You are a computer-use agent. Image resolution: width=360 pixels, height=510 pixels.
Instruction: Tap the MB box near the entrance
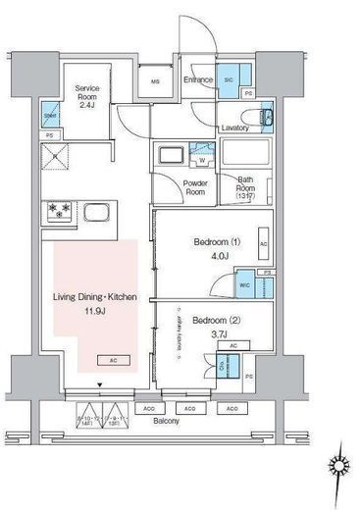point(155,80)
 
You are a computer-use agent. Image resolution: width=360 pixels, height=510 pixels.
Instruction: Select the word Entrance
point(198,79)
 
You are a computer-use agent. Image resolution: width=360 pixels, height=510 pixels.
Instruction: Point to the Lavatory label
point(234,128)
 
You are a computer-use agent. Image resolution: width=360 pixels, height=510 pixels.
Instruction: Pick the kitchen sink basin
point(98,214)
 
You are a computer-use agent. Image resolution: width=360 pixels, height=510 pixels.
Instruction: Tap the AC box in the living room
point(115,360)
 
